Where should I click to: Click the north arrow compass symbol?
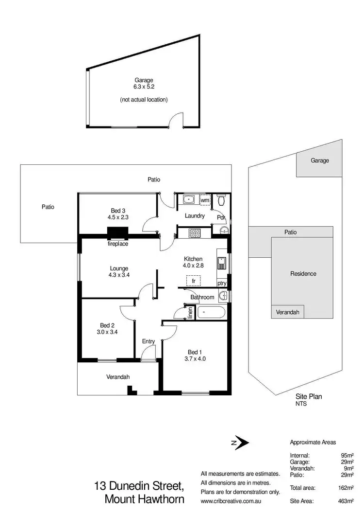(241, 443)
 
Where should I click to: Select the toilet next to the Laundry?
(221, 199)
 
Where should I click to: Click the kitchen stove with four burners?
(195, 233)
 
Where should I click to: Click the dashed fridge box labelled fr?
(193, 281)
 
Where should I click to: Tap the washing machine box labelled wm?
(205, 200)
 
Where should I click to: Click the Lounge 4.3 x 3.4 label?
(118, 271)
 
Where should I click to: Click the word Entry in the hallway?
(149, 341)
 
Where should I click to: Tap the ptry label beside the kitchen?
(222, 283)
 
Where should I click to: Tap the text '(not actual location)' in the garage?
(144, 100)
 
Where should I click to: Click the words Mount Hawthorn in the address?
(144, 499)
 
